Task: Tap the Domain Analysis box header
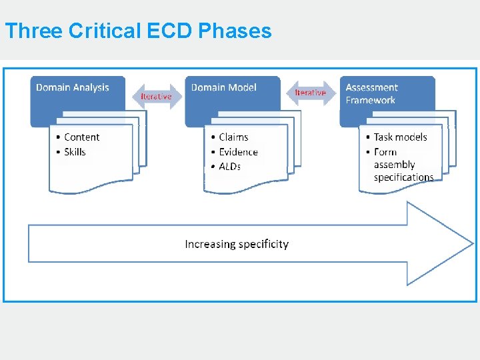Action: [73, 88]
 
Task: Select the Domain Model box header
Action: [224, 88]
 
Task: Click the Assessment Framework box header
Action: [371, 93]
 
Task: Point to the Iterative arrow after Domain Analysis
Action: [157, 97]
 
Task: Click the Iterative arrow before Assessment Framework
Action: [311, 93]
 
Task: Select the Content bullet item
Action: [81, 137]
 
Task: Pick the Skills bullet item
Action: [75, 152]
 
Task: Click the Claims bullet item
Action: [233, 137]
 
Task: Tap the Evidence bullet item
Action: [238, 152]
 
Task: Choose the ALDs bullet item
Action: [230, 166]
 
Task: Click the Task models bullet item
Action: [400, 137]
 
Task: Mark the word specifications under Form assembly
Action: [403, 177]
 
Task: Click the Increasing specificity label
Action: [237, 244]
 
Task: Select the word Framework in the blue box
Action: [371, 100]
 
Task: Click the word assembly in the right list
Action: [394, 165]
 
